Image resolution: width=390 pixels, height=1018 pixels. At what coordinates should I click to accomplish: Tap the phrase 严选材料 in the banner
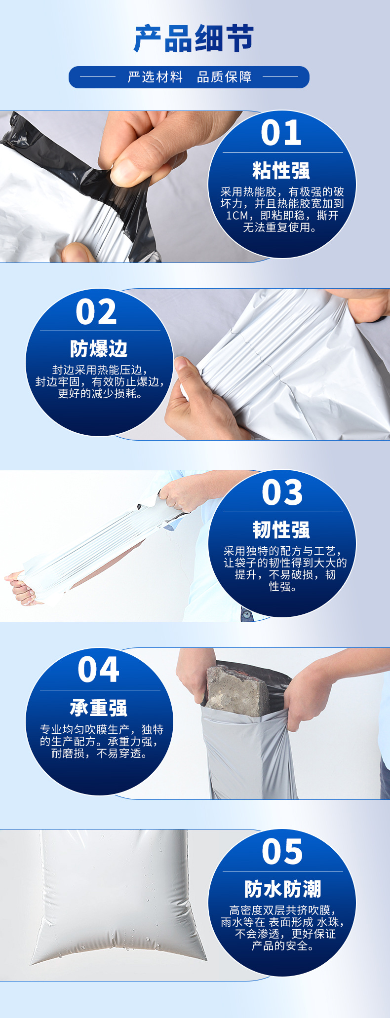(x=156, y=77)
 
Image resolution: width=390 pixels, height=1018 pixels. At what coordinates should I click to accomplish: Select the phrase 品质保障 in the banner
(x=225, y=77)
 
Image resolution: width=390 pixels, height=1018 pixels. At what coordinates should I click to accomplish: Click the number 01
(x=281, y=133)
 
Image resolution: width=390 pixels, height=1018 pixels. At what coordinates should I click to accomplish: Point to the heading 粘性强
(x=281, y=171)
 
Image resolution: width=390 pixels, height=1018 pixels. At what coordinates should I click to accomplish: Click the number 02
(x=96, y=312)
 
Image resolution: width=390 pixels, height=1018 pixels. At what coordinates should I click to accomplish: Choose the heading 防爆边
(x=99, y=349)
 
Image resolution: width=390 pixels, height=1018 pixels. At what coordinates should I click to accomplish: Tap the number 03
(x=282, y=492)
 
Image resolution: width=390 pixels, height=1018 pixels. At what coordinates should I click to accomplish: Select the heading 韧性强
(x=281, y=530)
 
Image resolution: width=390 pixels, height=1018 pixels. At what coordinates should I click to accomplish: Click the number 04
(x=98, y=670)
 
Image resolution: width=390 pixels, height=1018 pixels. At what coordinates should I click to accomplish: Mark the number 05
(x=282, y=851)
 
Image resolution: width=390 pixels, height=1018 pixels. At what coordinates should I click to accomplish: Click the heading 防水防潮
(x=282, y=889)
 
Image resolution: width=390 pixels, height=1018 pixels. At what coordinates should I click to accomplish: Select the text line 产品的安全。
(x=282, y=946)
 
